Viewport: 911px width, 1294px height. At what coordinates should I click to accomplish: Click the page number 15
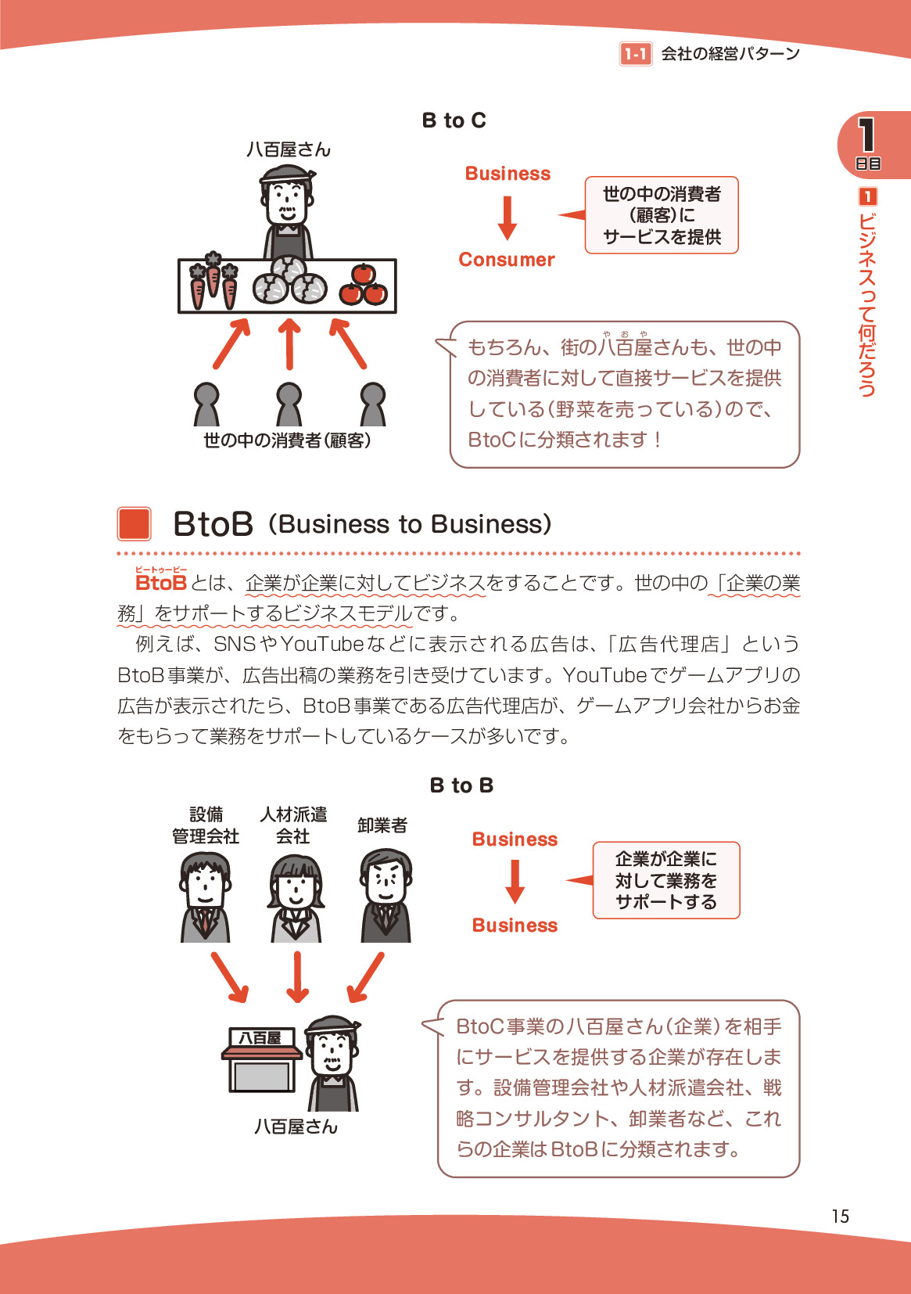coord(840,1216)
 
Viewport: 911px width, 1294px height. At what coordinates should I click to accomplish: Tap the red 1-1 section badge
coord(635,54)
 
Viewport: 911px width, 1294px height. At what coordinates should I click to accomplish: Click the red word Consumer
coord(506,260)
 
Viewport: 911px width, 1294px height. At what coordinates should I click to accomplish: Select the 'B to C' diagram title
coord(454,120)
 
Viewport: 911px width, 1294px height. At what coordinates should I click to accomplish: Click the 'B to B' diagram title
coord(461,785)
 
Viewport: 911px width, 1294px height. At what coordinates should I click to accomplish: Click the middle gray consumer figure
coord(289,404)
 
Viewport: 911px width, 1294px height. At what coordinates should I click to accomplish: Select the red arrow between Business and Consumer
coord(508,217)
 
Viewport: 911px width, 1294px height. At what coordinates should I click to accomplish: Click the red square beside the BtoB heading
coord(134,524)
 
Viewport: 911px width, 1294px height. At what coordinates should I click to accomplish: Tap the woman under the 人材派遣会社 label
coord(296,898)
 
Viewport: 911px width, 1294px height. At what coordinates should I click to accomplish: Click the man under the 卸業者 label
coord(386,896)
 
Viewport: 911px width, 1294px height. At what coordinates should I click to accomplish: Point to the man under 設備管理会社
coord(206,897)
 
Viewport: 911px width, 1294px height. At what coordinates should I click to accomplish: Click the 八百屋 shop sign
coord(261,1037)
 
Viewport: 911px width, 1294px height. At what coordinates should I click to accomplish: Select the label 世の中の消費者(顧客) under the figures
coord(287,440)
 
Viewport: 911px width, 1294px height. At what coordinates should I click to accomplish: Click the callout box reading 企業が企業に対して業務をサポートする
coord(665,880)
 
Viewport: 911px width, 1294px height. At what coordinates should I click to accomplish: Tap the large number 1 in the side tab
coord(866,135)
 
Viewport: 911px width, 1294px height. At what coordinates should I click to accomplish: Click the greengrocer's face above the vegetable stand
coord(286,203)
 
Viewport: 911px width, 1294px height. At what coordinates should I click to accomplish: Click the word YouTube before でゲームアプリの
coord(604,674)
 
